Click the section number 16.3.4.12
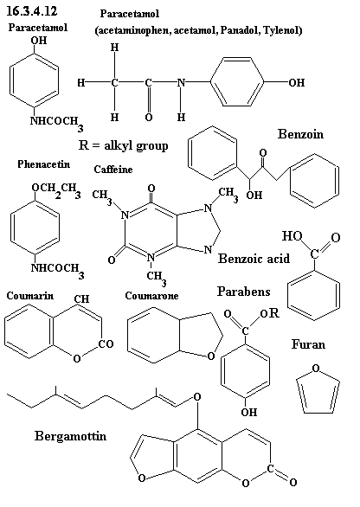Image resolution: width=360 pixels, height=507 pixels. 32,10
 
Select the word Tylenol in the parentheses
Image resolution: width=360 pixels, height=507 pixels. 281,30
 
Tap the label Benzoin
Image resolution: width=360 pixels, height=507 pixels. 300,134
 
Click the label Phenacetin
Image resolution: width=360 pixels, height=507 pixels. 43,164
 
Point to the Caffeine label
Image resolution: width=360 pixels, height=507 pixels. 113,169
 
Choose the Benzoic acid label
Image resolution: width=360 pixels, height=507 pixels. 254,259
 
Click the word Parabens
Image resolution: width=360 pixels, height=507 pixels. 243,292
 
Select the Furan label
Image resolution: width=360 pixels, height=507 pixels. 308,344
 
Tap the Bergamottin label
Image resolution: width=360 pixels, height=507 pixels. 70,436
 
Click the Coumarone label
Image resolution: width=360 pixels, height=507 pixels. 151,296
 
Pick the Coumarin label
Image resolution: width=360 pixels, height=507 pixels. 30,296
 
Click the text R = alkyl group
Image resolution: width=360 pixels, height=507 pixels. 123,145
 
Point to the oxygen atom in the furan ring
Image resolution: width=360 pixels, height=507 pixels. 316,368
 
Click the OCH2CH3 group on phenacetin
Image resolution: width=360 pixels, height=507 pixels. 56,189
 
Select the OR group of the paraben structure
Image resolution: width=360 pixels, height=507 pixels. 269,313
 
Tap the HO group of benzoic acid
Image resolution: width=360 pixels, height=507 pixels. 292,235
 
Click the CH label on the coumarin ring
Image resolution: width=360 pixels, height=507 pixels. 82,298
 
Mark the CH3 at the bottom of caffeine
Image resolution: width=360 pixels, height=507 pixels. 157,278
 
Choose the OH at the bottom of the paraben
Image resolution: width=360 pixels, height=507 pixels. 249,412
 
